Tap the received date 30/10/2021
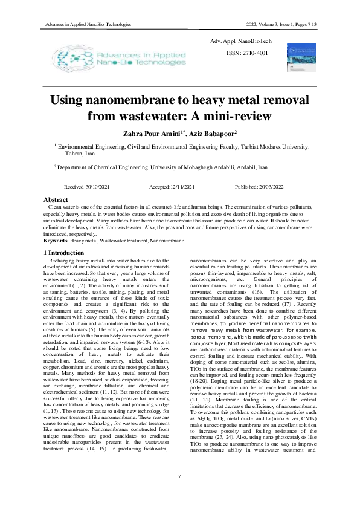point(101,187)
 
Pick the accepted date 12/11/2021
point(181,187)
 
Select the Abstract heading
point(56,199)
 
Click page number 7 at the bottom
point(179,477)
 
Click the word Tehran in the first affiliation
point(74,154)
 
